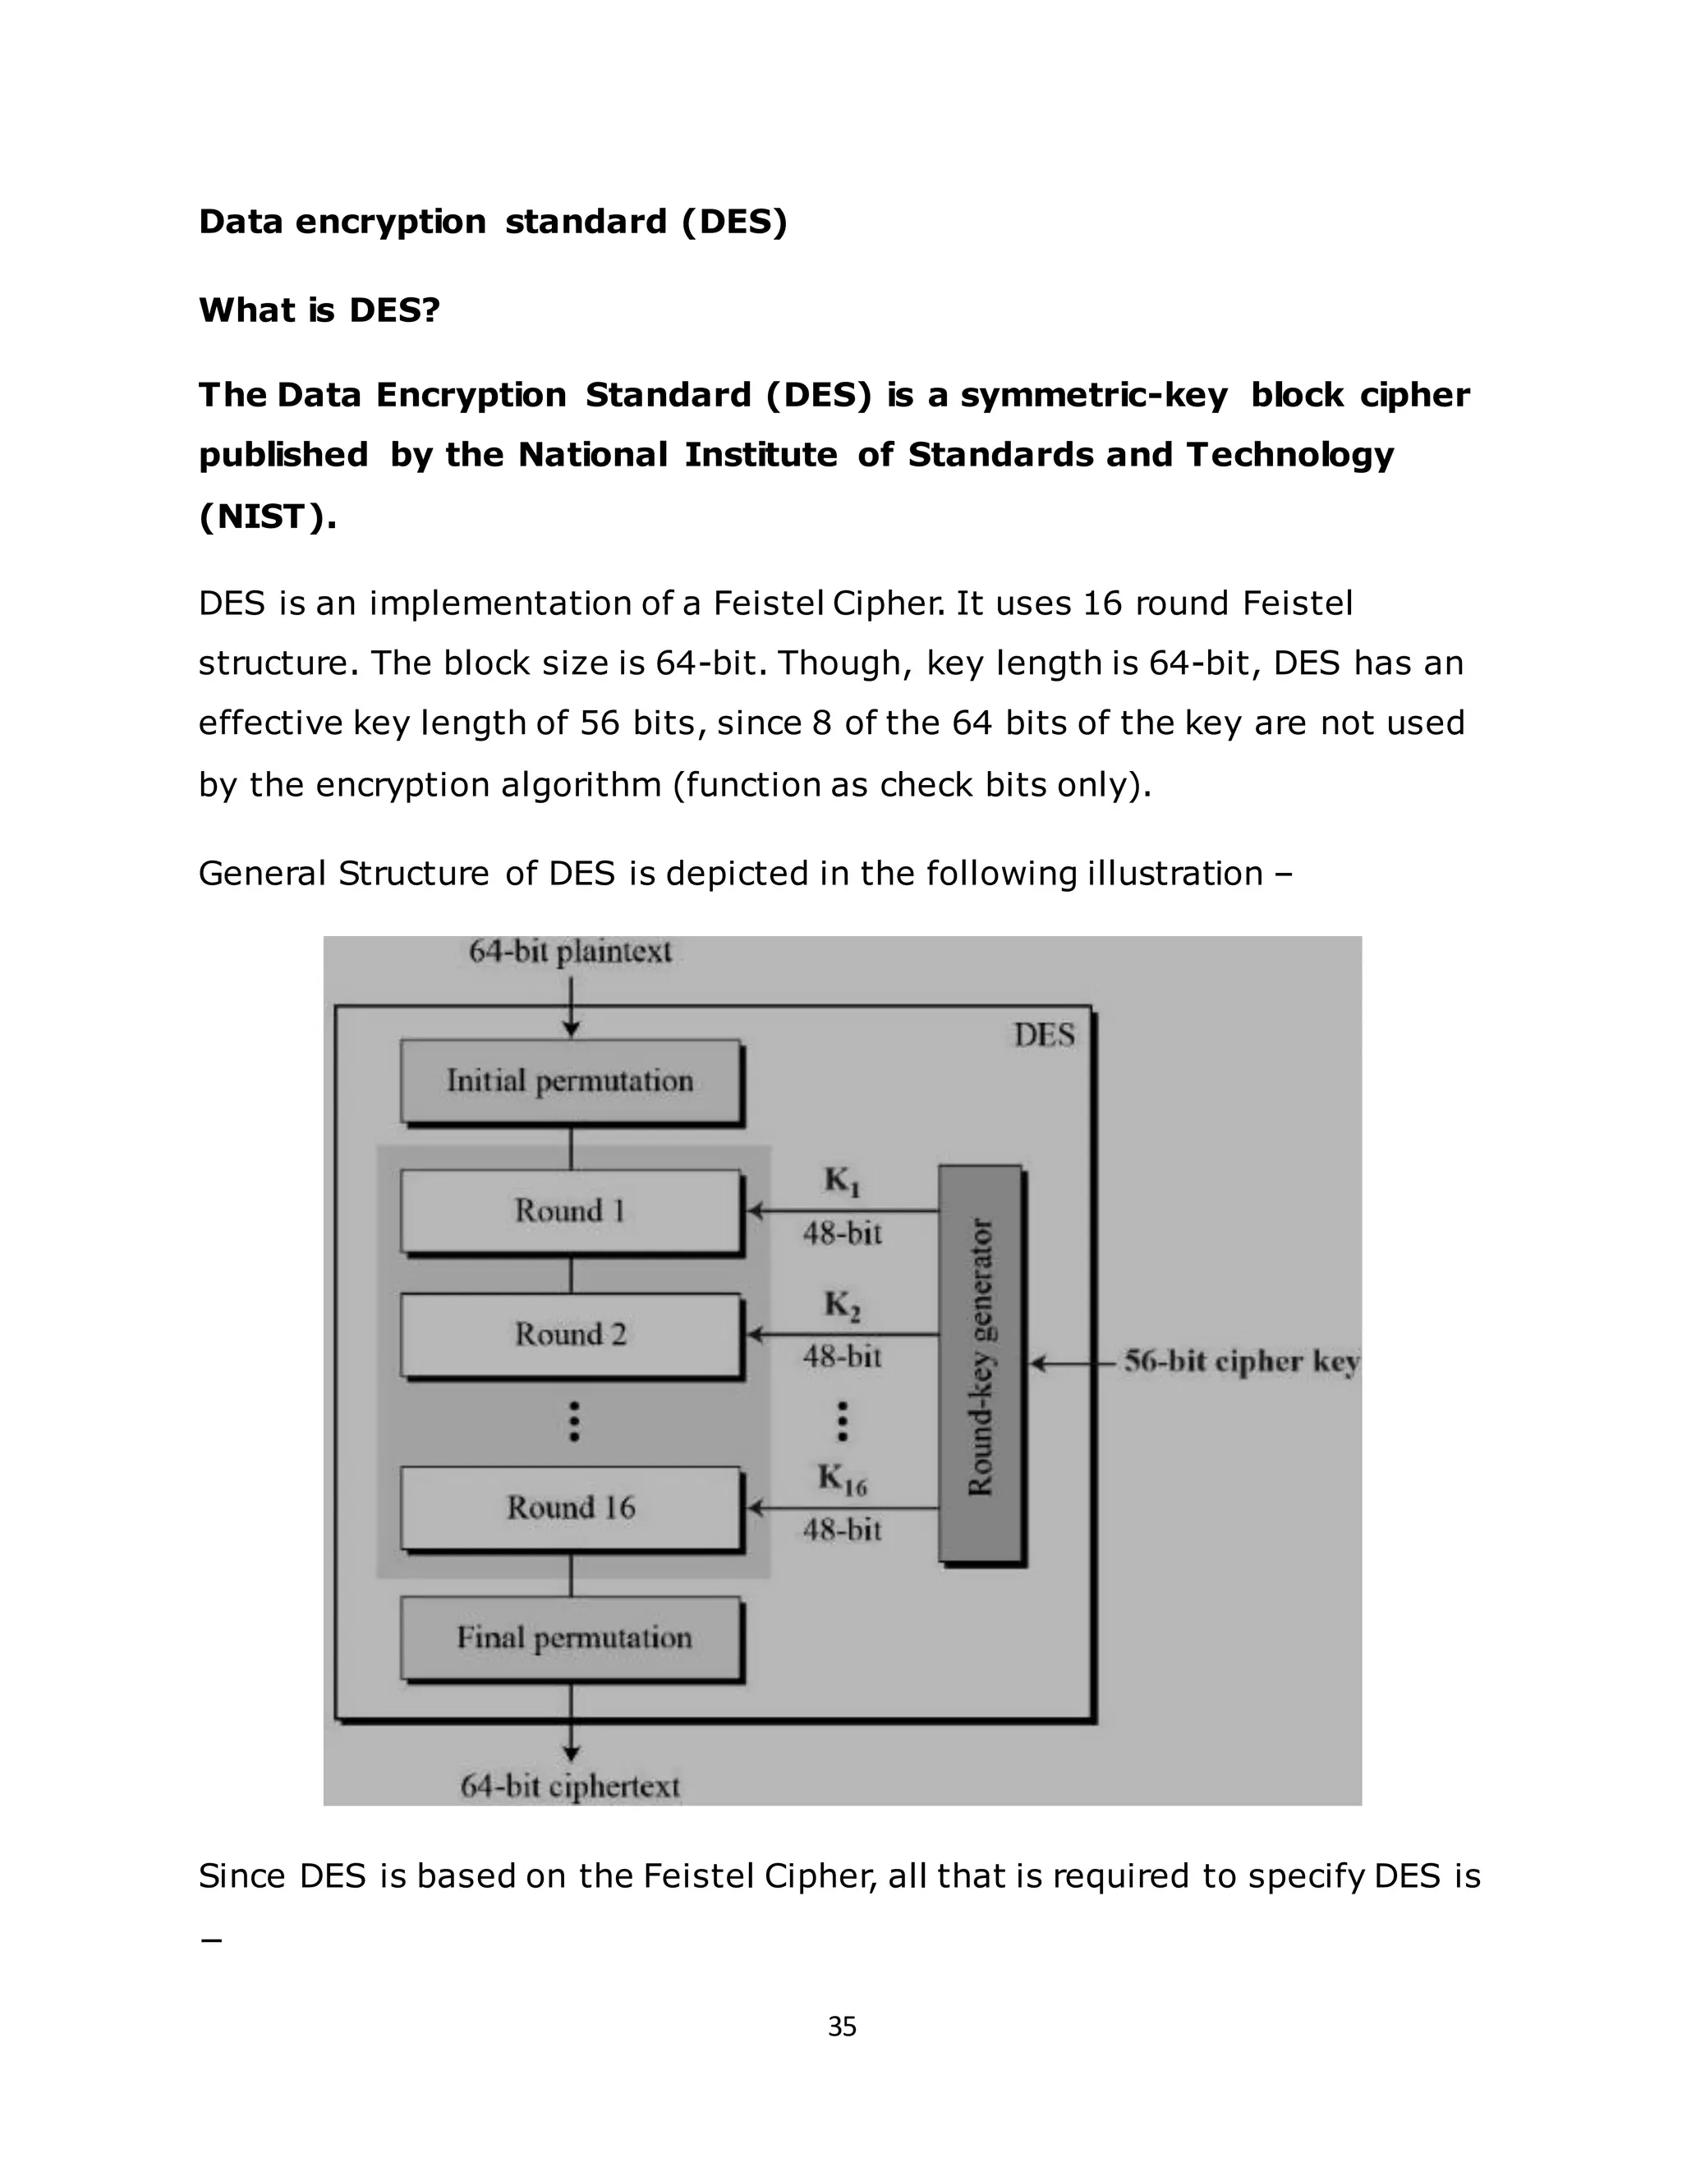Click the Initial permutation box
point(570,1081)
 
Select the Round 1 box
point(570,1210)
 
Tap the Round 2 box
point(570,1334)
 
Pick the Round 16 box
point(570,1508)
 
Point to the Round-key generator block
point(981,1362)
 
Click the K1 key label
point(842,1182)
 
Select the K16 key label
point(842,1479)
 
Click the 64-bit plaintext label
point(570,952)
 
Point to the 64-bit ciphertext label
point(570,1787)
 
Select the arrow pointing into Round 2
point(842,1334)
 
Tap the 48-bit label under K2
point(842,1357)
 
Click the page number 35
point(842,2027)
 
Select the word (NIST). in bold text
point(267,516)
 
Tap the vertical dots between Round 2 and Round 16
point(574,1421)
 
